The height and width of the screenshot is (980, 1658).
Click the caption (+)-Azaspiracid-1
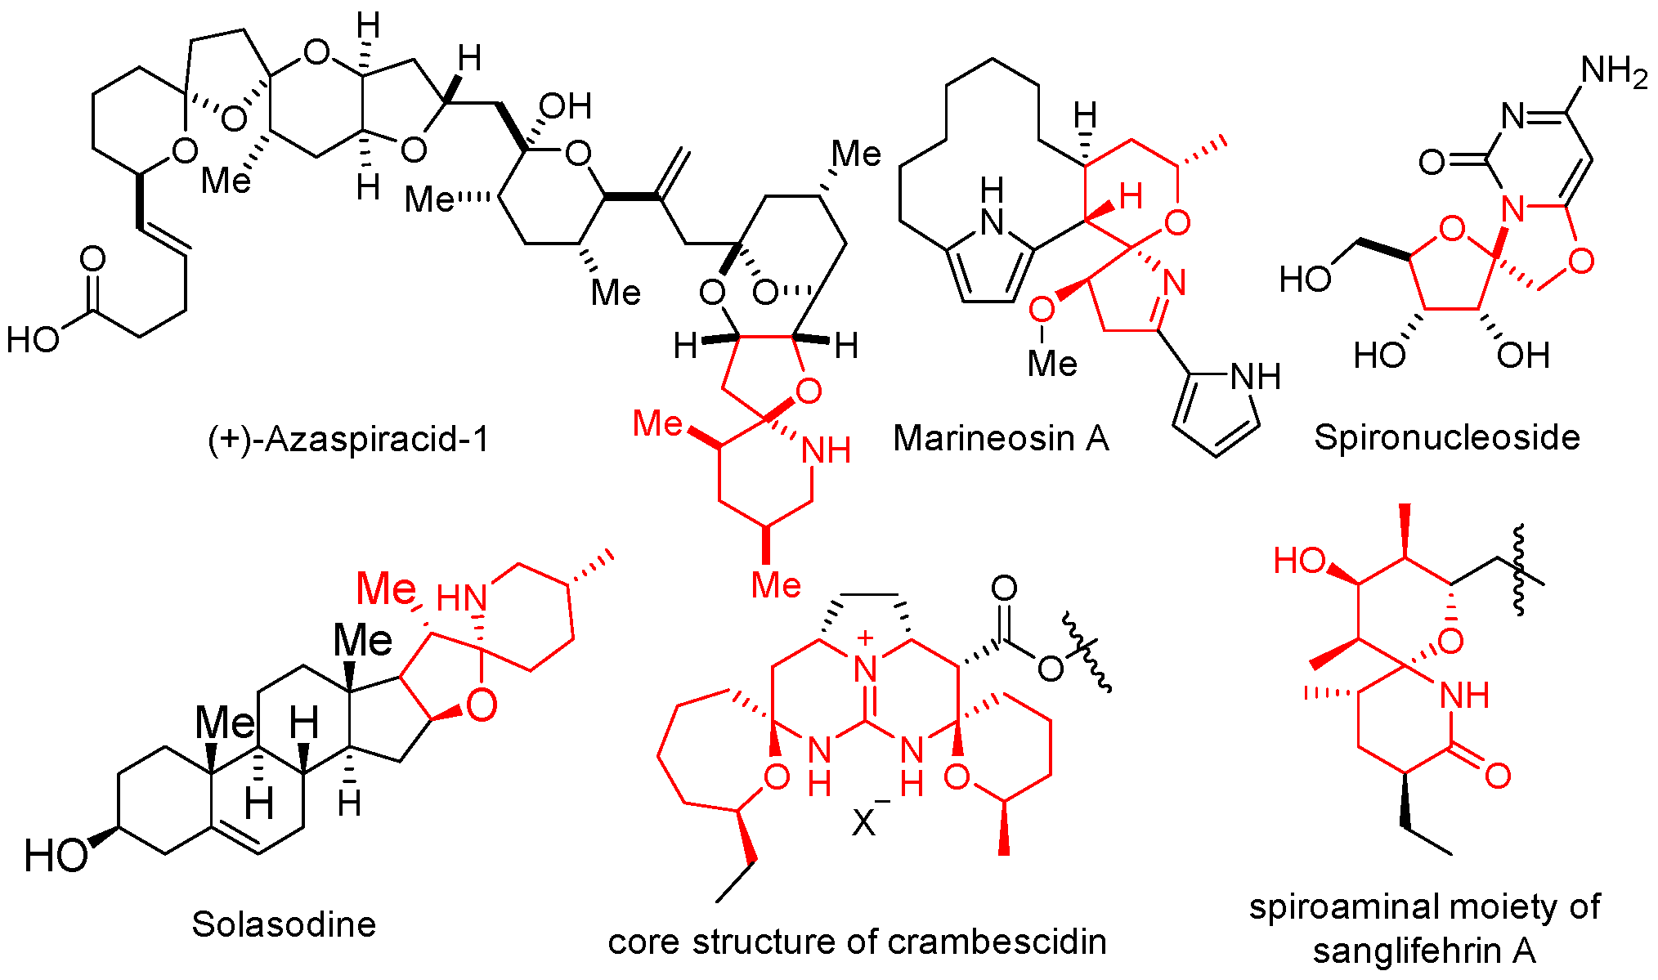[x=348, y=439]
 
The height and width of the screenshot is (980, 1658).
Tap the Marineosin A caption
[x=1001, y=438]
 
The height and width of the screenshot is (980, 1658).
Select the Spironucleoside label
[x=1446, y=437]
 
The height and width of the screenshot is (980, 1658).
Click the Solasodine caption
[x=284, y=924]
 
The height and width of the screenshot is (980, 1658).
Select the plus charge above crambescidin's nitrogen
[x=866, y=638]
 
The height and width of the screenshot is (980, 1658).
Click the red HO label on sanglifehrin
[x=1299, y=561]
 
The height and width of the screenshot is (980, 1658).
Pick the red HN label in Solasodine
[x=461, y=599]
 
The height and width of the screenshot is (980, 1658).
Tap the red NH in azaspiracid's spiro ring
[x=826, y=450]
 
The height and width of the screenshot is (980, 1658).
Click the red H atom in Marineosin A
[x=1130, y=197]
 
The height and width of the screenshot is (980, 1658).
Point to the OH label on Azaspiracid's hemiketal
[x=565, y=105]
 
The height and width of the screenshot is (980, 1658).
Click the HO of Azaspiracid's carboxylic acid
[x=34, y=338]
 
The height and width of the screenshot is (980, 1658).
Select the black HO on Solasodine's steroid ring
[x=56, y=856]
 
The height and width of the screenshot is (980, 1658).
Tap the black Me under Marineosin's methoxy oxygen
[x=1051, y=364]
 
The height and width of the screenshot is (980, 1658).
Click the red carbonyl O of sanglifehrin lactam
[x=1497, y=776]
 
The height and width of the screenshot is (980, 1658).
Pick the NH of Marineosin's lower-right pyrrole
[x=1255, y=377]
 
